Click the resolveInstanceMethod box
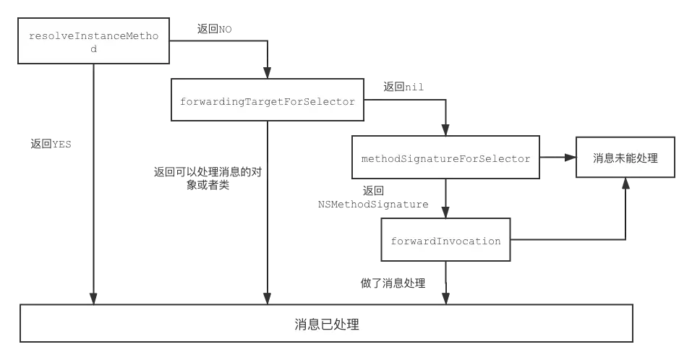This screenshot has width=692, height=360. (x=93, y=42)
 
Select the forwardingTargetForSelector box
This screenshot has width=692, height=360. (x=267, y=101)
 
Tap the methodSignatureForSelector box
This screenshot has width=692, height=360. (x=445, y=158)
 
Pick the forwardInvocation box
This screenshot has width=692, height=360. (x=445, y=241)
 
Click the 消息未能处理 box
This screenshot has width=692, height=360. (x=625, y=158)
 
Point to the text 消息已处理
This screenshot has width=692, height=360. (x=327, y=325)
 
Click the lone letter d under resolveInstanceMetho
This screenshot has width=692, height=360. (x=93, y=49)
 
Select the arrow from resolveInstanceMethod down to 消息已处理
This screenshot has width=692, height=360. (x=93, y=181)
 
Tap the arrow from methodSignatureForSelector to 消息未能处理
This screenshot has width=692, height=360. (x=557, y=158)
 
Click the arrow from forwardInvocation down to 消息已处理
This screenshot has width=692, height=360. (x=446, y=282)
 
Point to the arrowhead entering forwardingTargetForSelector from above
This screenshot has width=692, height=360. (x=267, y=73)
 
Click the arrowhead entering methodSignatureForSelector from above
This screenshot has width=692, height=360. (x=446, y=129)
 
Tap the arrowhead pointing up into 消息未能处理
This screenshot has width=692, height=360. (x=627, y=184)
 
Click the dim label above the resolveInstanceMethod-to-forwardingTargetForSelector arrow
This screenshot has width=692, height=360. (x=214, y=29)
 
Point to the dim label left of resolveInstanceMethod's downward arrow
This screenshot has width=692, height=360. (x=51, y=142)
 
